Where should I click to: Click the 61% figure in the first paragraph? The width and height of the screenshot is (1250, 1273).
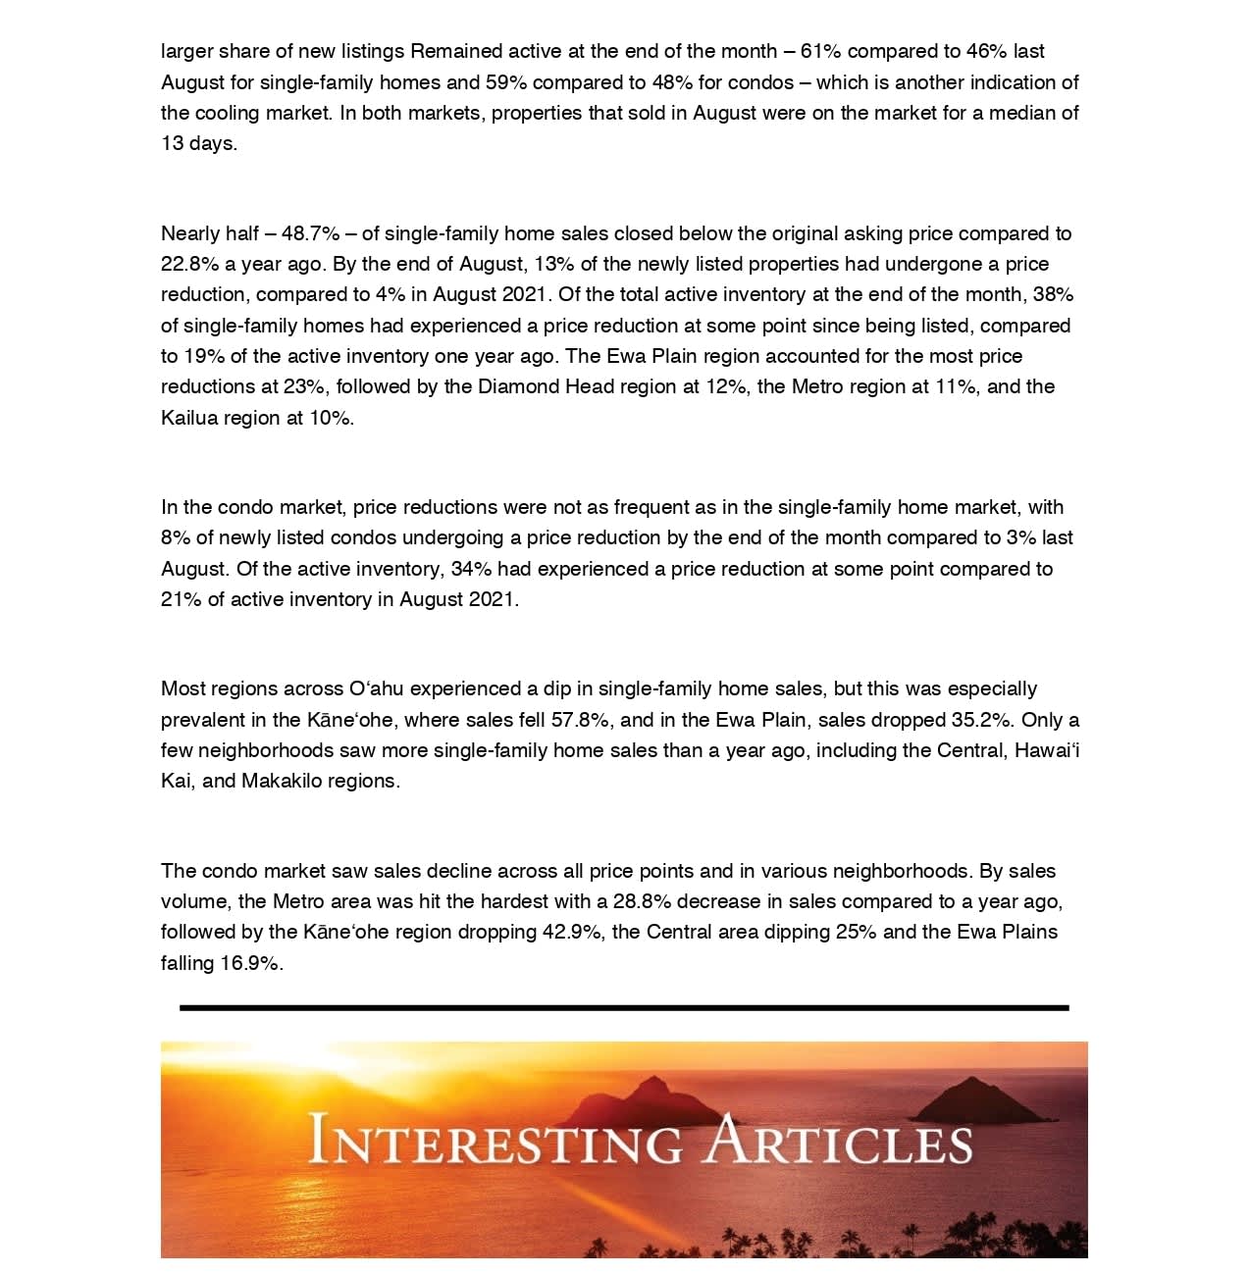820,51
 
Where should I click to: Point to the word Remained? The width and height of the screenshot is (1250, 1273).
458,51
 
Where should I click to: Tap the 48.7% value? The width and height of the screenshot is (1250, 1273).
310,233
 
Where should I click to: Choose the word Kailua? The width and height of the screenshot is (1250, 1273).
189,418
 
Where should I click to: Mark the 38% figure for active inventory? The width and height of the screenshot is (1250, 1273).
1053,294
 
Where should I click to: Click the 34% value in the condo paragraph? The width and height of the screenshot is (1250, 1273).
471,569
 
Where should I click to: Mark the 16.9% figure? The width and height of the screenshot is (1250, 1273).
250,963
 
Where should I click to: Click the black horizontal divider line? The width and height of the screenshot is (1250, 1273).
624,1007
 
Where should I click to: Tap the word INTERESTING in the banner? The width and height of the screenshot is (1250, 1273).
495,1141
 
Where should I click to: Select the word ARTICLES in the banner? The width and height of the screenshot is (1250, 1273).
840,1141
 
